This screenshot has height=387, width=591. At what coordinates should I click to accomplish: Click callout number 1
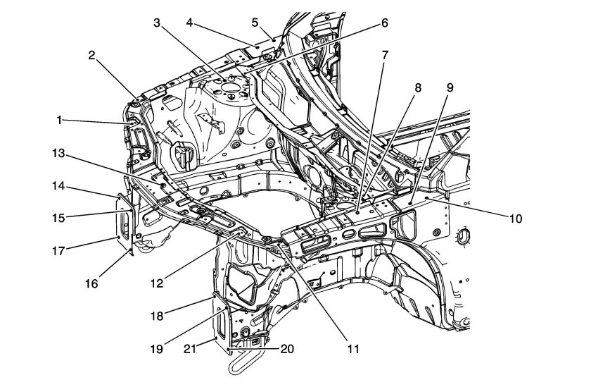tap(61, 121)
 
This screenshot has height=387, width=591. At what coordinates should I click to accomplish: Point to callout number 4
tap(190, 23)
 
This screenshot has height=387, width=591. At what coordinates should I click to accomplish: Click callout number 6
tap(384, 23)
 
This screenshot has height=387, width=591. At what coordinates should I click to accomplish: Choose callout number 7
tap(384, 55)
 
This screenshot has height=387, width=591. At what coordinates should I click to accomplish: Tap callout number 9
tap(450, 88)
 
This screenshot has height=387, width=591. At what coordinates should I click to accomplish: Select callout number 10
tap(516, 219)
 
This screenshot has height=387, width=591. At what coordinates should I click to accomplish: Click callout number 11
tap(351, 348)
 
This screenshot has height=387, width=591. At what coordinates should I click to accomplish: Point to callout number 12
tap(157, 283)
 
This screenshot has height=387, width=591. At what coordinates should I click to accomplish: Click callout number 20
tap(286, 348)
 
